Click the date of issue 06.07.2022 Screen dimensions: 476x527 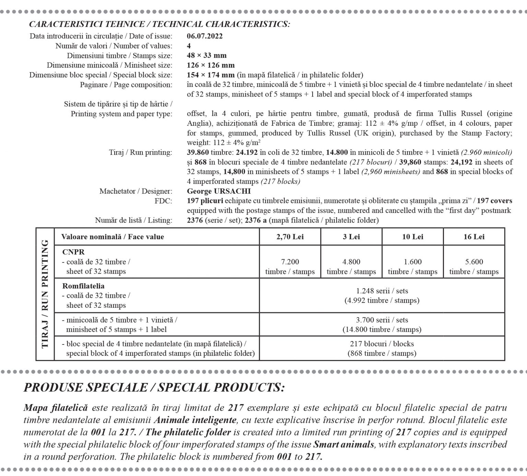coord(204,36)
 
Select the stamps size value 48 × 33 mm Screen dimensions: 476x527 coord(207,55)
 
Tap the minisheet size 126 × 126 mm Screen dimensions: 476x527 coord(211,65)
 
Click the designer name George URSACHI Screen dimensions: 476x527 coord(219,191)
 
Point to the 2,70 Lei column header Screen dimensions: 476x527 coord(290,237)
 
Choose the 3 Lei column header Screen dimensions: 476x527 coord(351,237)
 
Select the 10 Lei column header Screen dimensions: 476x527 coord(412,237)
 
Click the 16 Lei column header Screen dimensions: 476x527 coord(474,237)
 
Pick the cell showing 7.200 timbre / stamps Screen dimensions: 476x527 coord(290,267)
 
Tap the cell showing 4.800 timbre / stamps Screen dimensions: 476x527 coord(351,267)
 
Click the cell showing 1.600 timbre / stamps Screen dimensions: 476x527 coord(412,267)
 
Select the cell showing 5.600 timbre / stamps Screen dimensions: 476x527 coord(474,267)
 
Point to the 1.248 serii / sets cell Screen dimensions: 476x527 coord(382,295)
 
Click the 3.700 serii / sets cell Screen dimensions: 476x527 coord(382,325)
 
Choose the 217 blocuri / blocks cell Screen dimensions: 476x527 coord(382,348)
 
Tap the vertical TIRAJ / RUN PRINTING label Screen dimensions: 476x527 coord(45,294)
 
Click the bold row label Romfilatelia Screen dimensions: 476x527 coord(83,286)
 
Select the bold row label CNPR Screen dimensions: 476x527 coord(73,252)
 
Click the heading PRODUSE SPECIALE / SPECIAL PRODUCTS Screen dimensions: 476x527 coord(154,387)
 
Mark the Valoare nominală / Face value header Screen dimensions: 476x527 coord(113,237)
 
